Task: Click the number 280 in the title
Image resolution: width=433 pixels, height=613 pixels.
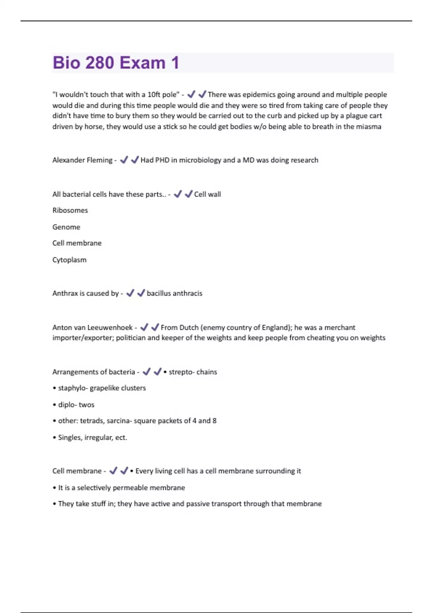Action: (x=100, y=63)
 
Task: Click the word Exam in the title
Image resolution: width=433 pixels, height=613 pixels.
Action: (x=143, y=63)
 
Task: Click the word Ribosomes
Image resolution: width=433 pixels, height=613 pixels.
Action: (x=70, y=210)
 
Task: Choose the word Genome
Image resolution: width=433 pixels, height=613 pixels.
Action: (x=66, y=227)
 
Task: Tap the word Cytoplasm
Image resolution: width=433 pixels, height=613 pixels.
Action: (x=69, y=260)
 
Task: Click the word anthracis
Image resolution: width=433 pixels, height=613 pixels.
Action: (x=188, y=294)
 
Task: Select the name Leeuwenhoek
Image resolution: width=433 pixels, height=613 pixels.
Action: (x=110, y=327)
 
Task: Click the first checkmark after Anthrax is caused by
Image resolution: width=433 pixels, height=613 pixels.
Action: (x=130, y=293)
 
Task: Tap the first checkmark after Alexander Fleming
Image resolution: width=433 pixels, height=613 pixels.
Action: (x=124, y=160)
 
